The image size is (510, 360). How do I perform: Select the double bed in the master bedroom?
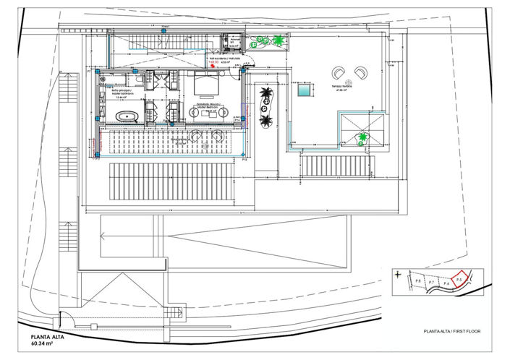(209, 85)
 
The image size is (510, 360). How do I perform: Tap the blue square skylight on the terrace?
(304, 92)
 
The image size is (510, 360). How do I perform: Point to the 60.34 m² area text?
(43, 344)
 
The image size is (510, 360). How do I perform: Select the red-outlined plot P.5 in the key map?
(458, 278)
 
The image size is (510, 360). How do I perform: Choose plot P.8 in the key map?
(418, 280)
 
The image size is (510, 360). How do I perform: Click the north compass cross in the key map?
(397, 274)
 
